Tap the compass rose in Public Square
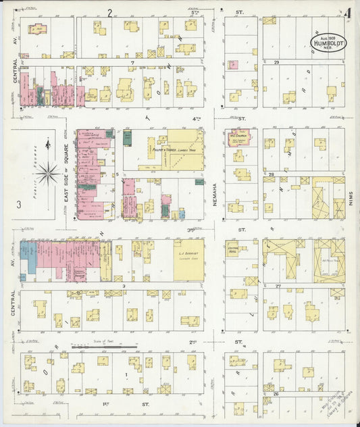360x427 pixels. (x=47, y=172)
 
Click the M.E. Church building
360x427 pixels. (x=239, y=138)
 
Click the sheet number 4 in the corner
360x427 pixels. (x=346, y=14)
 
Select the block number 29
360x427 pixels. (x=277, y=62)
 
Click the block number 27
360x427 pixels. (x=277, y=286)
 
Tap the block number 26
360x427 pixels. (x=276, y=393)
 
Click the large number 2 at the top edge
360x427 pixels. (x=109, y=13)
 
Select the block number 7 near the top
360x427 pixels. (x=134, y=62)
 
